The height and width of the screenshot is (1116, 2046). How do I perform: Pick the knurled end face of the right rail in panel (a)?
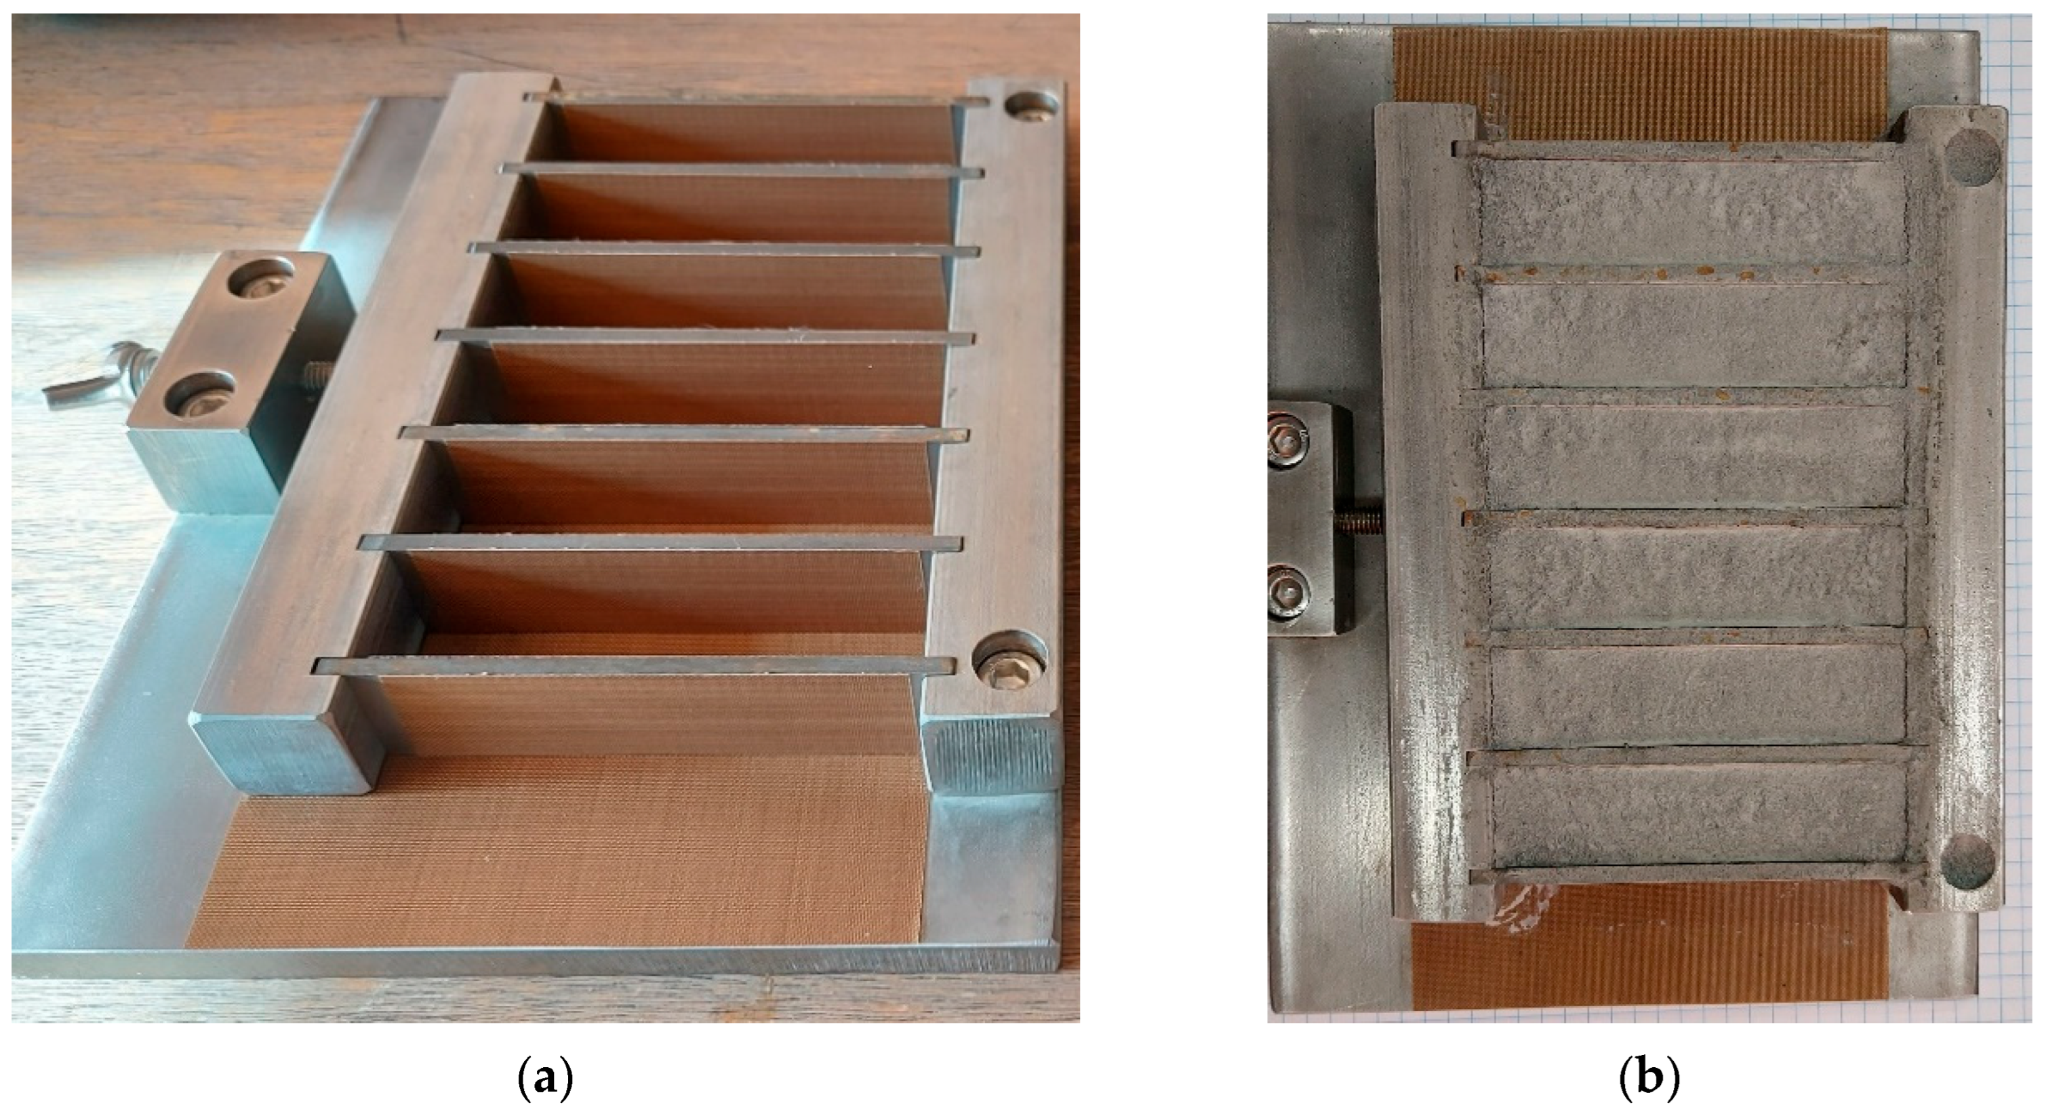(992, 754)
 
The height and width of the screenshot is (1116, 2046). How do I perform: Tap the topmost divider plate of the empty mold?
(755, 100)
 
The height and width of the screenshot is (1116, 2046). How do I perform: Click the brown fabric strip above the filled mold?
(1640, 75)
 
